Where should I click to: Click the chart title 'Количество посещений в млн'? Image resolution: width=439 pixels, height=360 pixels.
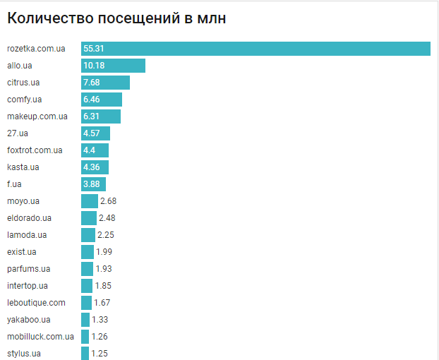116,18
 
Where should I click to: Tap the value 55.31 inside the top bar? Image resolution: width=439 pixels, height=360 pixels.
94,49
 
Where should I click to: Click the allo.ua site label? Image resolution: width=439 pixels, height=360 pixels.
20,66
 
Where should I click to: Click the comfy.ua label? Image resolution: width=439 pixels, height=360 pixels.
25,100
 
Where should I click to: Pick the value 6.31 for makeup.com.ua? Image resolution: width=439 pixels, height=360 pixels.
92,116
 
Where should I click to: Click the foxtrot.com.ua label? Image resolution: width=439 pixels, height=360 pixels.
35,150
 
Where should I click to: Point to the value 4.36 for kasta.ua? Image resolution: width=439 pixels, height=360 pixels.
92,167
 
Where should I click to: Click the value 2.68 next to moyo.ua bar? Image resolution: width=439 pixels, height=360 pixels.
108,201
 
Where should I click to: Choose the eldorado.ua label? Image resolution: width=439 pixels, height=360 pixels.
29,218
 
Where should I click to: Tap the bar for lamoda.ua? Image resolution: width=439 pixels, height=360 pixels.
88,235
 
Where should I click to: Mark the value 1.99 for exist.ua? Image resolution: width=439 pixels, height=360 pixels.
104,252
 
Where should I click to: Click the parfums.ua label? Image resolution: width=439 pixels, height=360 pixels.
28,269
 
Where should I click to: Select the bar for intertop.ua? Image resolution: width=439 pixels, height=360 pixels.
87,286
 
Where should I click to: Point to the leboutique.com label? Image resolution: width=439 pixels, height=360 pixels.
36,303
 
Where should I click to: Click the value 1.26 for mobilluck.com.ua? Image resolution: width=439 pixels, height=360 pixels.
100,337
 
